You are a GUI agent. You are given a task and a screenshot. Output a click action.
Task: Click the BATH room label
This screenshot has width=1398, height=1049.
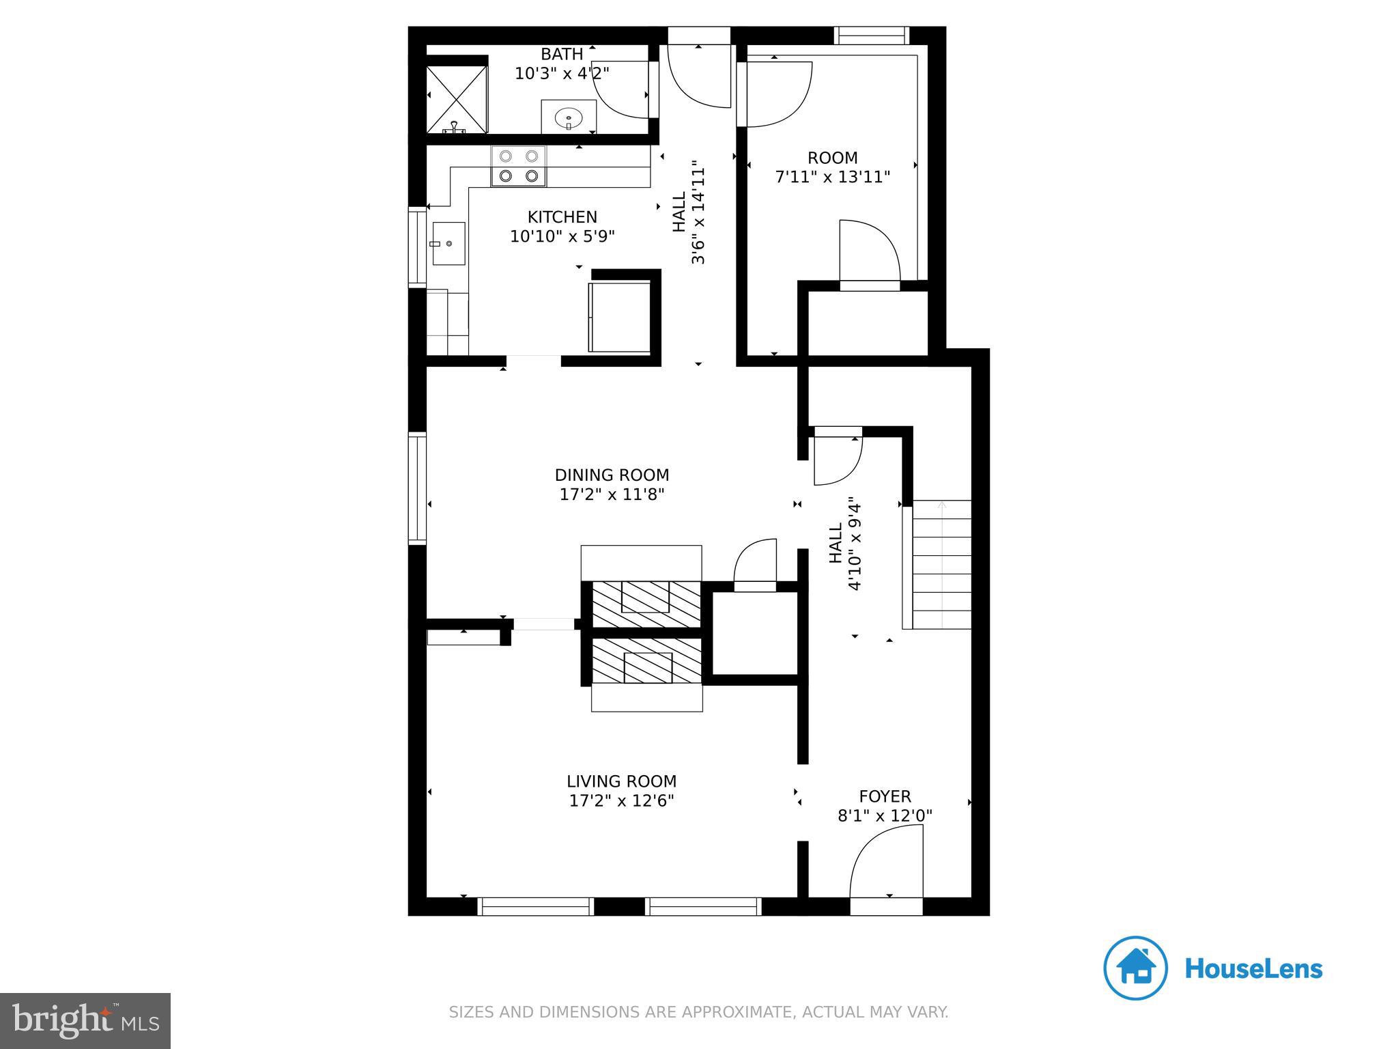pos(562,54)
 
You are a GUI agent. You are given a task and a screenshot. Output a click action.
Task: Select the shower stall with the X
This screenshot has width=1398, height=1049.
pos(457,99)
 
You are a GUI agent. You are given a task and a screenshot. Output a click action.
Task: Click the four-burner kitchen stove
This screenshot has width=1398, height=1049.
pos(518,166)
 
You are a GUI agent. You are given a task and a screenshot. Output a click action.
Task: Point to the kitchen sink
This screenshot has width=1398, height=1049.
pos(448,244)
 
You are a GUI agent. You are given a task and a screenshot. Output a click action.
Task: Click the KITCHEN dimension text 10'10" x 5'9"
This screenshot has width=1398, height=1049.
pos(562,236)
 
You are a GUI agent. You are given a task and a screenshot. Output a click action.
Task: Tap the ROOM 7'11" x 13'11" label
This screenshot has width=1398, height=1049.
pos(832,168)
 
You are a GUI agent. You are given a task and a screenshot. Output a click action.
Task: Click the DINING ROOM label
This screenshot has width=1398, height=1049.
pos(612,475)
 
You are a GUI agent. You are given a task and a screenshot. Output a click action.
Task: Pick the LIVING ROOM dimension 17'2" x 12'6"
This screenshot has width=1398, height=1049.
pos(621,800)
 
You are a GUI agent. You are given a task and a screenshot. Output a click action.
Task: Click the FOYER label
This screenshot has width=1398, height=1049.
pos(885,796)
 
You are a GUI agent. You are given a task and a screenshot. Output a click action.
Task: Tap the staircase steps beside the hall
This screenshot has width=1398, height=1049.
pos(941,565)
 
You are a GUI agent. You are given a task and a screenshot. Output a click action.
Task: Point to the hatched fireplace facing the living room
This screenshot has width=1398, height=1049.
pos(646,661)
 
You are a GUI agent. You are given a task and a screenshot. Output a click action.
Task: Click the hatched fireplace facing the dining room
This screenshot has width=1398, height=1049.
pos(646,604)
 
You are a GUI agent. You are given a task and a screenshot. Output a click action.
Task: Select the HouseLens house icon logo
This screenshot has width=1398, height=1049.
pos(1136,968)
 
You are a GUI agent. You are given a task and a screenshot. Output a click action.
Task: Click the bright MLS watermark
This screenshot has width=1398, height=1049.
pos(85,1020)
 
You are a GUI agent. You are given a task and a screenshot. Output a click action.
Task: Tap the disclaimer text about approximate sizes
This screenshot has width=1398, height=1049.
pos(698,1011)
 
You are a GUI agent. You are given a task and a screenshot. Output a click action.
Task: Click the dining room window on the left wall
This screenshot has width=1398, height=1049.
pos(416,488)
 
